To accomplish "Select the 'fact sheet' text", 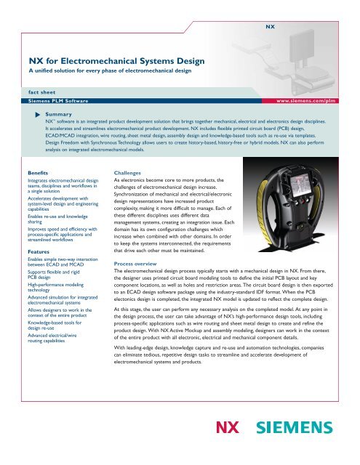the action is [36, 93].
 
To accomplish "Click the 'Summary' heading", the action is [57, 115].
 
